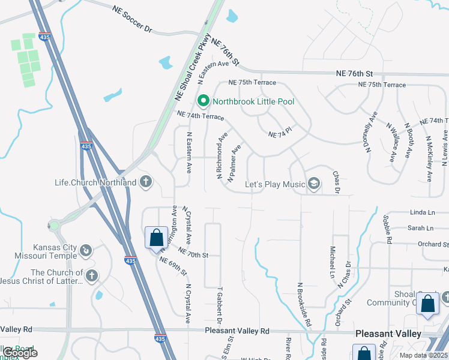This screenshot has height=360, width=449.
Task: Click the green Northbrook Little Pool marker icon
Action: coord(203,101)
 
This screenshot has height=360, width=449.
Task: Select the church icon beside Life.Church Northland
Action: coord(145,182)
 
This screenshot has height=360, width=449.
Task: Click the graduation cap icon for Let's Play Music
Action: coord(313,182)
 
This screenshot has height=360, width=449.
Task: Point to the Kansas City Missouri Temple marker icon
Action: coord(86,250)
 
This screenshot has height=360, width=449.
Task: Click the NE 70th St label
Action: coord(193,255)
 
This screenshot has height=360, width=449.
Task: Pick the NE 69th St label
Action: coord(173,266)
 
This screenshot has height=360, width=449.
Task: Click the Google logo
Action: coord(20,353)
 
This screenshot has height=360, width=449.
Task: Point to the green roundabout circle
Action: coord(54,226)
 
